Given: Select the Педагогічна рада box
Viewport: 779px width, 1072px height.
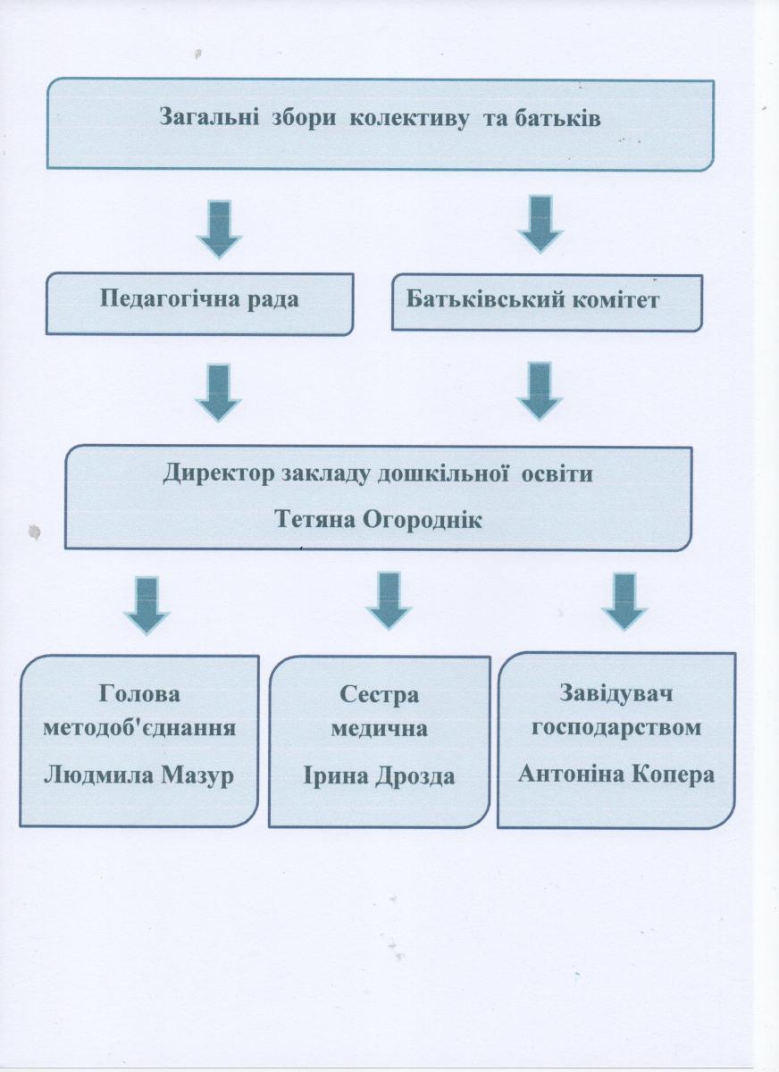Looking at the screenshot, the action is [x=199, y=304].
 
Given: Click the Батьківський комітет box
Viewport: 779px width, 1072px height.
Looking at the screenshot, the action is [x=548, y=303].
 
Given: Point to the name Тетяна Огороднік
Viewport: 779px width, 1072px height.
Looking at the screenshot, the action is [x=379, y=519].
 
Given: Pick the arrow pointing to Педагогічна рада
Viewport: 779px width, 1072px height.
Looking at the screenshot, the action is [x=220, y=230].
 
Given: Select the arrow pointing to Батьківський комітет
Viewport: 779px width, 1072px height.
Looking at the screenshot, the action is [x=540, y=223].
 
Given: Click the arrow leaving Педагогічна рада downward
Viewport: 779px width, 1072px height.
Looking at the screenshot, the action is [x=219, y=393].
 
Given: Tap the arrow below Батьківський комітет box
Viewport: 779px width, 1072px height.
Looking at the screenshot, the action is [x=540, y=391].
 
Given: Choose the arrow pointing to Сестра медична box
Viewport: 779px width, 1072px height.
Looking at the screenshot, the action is [x=389, y=601].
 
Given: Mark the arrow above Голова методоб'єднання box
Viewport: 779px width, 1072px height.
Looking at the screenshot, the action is [x=147, y=606].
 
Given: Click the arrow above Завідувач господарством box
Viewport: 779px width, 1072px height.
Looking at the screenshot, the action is [x=624, y=602].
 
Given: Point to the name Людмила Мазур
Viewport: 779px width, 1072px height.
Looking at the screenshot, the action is [x=138, y=775].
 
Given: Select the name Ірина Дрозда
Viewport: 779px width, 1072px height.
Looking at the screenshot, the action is [x=379, y=776].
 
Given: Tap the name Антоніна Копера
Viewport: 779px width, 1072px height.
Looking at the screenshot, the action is [x=616, y=774].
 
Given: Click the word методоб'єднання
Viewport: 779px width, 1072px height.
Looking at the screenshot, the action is [x=139, y=728].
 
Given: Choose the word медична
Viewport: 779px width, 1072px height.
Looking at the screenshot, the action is [x=380, y=729].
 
